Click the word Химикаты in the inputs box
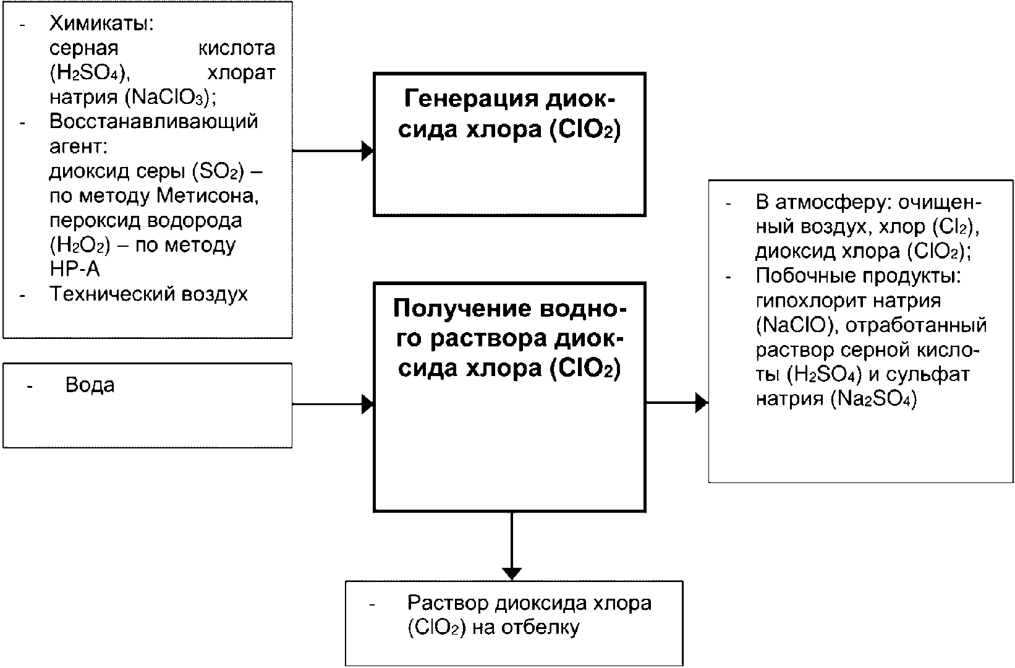[x=100, y=23]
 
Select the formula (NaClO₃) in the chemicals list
[x=168, y=98]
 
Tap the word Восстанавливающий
[x=153, y=121]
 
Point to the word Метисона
[x=208, y=196]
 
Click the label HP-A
[x=75, y=270]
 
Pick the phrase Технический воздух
[x=148, y=294]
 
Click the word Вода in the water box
[x=90, y=385]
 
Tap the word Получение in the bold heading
[x=462, y=309]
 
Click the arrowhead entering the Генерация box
[x=367, y=150]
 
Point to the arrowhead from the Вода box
[x=367, y=404]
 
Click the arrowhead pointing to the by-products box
[x=702, y=402]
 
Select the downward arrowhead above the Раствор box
[x=512, y=573]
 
